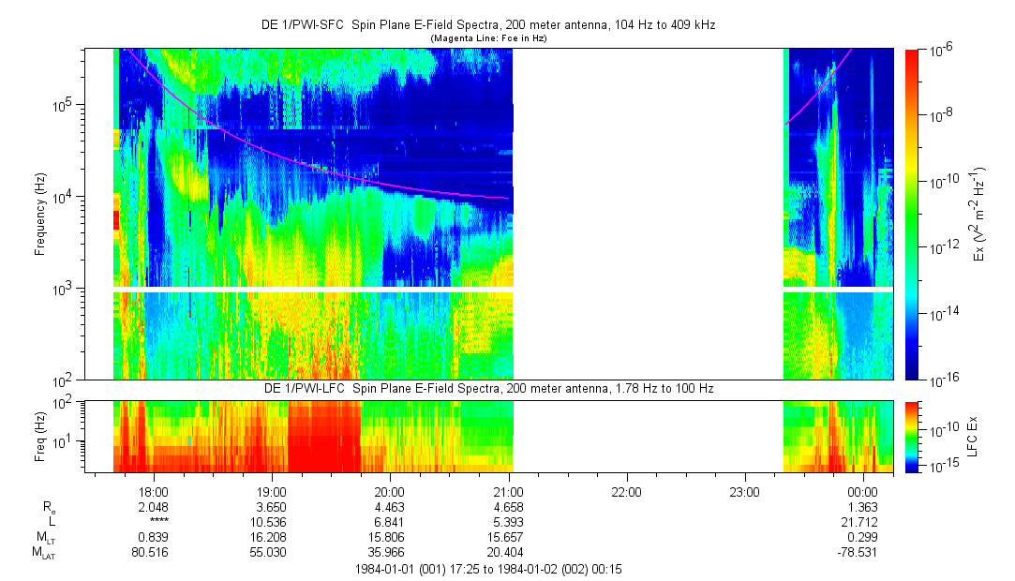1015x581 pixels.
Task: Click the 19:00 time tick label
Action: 271,491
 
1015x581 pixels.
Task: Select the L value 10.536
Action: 271,521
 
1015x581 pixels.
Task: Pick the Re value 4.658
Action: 507,506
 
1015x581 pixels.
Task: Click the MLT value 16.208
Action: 271,537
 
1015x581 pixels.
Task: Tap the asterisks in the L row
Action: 153,521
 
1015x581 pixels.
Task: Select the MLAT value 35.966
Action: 389,552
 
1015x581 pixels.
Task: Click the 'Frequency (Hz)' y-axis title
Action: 40,214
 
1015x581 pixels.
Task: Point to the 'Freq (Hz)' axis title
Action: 40,437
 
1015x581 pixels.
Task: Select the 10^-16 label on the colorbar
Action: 941,380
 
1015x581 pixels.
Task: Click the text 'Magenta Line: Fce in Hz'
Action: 488,38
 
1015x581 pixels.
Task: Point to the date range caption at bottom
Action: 490,569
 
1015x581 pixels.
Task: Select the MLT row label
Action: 42,537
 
